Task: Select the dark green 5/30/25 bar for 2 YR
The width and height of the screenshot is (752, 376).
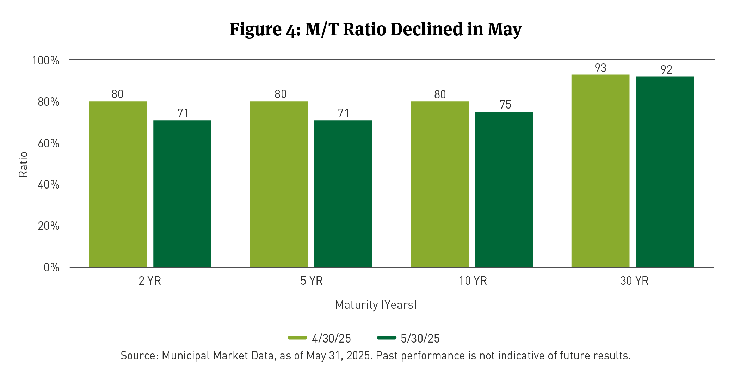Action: click(x=182, y=194)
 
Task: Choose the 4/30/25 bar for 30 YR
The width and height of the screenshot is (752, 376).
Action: click(x=600, y=171)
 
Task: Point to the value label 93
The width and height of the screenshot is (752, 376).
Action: click(x=600, y=68)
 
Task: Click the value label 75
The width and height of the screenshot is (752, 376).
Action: click(x=505, y=105)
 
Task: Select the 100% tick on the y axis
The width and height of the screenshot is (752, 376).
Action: click(x=46, y=61)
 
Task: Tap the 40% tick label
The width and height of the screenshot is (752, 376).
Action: click(x=49, y=185)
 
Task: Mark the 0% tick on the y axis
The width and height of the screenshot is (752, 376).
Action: click(x=51, y=267)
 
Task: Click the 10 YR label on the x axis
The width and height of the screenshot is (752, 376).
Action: click(x=473, y=281)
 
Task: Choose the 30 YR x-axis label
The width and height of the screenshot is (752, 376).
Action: click(x=634, y=281)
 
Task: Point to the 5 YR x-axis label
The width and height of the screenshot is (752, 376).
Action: click(x=312, y=281)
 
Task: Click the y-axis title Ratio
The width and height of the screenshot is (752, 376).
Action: click(x=23, y=165)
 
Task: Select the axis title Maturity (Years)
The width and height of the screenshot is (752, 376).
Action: click(x=376, y=304)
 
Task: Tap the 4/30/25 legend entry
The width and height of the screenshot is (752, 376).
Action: click(x=320, y=338)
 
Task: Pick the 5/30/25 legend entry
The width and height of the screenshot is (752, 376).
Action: click(x=409, y=338)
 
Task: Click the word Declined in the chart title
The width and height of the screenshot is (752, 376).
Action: click(x=427, y=29)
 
